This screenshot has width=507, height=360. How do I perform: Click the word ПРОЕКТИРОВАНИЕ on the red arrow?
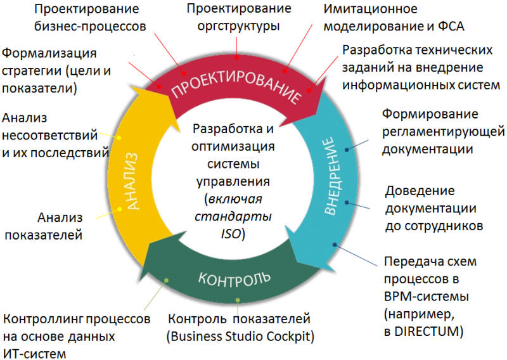[236, 85]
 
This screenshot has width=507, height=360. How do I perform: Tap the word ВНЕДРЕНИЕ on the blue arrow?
[333, 176]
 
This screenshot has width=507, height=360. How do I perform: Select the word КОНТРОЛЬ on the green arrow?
[234, 280]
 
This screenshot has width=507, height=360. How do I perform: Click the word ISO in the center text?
[231, 233]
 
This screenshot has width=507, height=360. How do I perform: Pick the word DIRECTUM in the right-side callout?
[427, 331]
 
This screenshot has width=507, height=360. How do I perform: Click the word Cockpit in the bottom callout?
[292, 337]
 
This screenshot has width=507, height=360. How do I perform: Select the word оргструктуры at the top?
[238, 26]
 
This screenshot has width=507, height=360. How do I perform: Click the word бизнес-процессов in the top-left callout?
[90, 27]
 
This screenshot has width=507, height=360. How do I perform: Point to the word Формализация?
[49, 53]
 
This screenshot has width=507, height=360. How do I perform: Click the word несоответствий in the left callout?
[50, 135]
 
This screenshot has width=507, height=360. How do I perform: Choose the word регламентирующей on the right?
[443, 132]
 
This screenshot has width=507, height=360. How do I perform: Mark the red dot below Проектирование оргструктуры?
[236, 58]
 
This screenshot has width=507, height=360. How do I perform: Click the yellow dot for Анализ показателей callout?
[120, 209]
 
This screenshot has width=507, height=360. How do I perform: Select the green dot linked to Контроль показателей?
[238, 300]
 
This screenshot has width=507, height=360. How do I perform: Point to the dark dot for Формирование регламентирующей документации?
[347, 150]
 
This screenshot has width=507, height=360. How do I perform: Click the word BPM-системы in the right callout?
[427, 296]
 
